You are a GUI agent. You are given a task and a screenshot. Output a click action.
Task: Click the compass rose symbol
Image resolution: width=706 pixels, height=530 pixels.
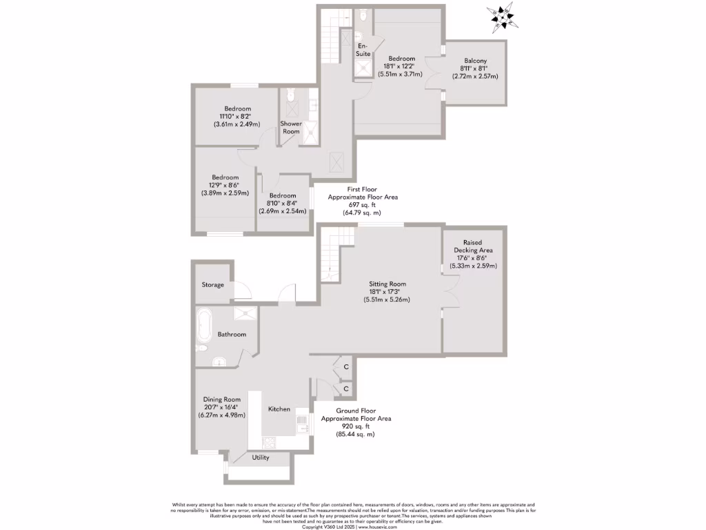point(501,18)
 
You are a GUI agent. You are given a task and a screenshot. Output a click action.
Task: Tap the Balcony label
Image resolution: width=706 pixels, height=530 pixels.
point(474,61)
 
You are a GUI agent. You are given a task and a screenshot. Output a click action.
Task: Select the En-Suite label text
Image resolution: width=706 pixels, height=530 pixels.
point(363,49)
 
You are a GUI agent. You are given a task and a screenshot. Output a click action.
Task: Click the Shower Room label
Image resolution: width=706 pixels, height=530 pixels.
point(291,127)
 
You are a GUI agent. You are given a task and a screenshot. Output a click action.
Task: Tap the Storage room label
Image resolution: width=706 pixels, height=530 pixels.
point(212,284)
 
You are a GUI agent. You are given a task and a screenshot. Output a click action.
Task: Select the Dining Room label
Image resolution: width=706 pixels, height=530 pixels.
point(221,399)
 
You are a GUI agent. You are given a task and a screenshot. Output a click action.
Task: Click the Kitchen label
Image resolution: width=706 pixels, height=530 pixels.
point(279,409)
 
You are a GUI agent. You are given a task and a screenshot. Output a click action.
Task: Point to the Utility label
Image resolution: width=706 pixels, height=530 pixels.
point(261,458)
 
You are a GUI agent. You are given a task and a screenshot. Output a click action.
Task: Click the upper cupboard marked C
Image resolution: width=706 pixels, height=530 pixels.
point(346,367)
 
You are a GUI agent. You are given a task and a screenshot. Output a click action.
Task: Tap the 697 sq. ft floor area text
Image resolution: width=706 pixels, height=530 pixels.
point(363,205)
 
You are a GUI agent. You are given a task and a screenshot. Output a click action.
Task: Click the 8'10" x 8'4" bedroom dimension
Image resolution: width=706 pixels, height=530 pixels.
point(283,203)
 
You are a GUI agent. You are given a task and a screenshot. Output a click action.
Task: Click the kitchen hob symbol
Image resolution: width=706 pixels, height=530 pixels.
point(269,442)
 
